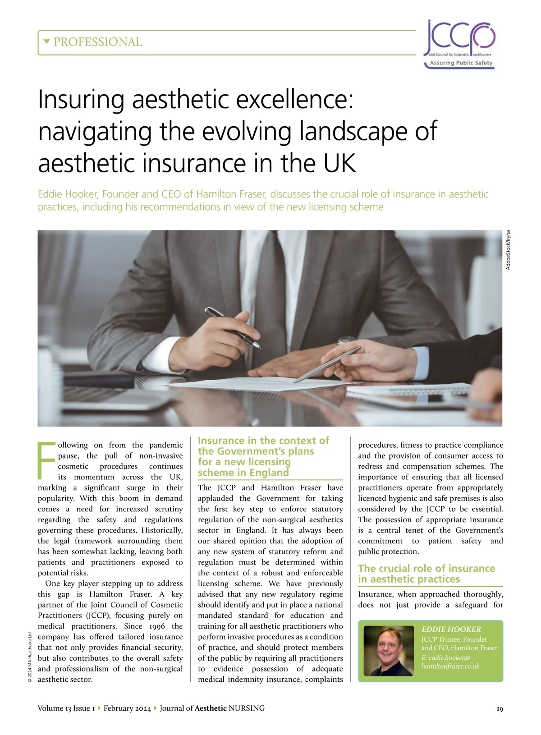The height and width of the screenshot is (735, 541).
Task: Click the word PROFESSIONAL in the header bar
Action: (x=98, y=42)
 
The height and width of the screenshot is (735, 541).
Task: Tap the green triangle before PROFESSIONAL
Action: (x=46, y=42)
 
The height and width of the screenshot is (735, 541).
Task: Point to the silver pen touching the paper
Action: (x=326, y=365)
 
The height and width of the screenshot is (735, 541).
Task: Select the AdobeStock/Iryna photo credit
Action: (x=508, y=250)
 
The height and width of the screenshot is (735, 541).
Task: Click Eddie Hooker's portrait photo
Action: (x=389, y=650)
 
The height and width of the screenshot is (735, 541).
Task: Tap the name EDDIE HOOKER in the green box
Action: (x=451, y=629)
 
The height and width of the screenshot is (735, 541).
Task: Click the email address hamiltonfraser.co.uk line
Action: (x=450, y=666)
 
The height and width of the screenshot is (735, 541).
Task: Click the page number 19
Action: (x=499, y=709)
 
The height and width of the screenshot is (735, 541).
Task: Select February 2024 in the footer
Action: (x=127, y=708)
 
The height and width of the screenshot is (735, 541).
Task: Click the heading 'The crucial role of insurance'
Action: (x=426, y=569)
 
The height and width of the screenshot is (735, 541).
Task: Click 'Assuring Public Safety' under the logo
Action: (x=461, y=63)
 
